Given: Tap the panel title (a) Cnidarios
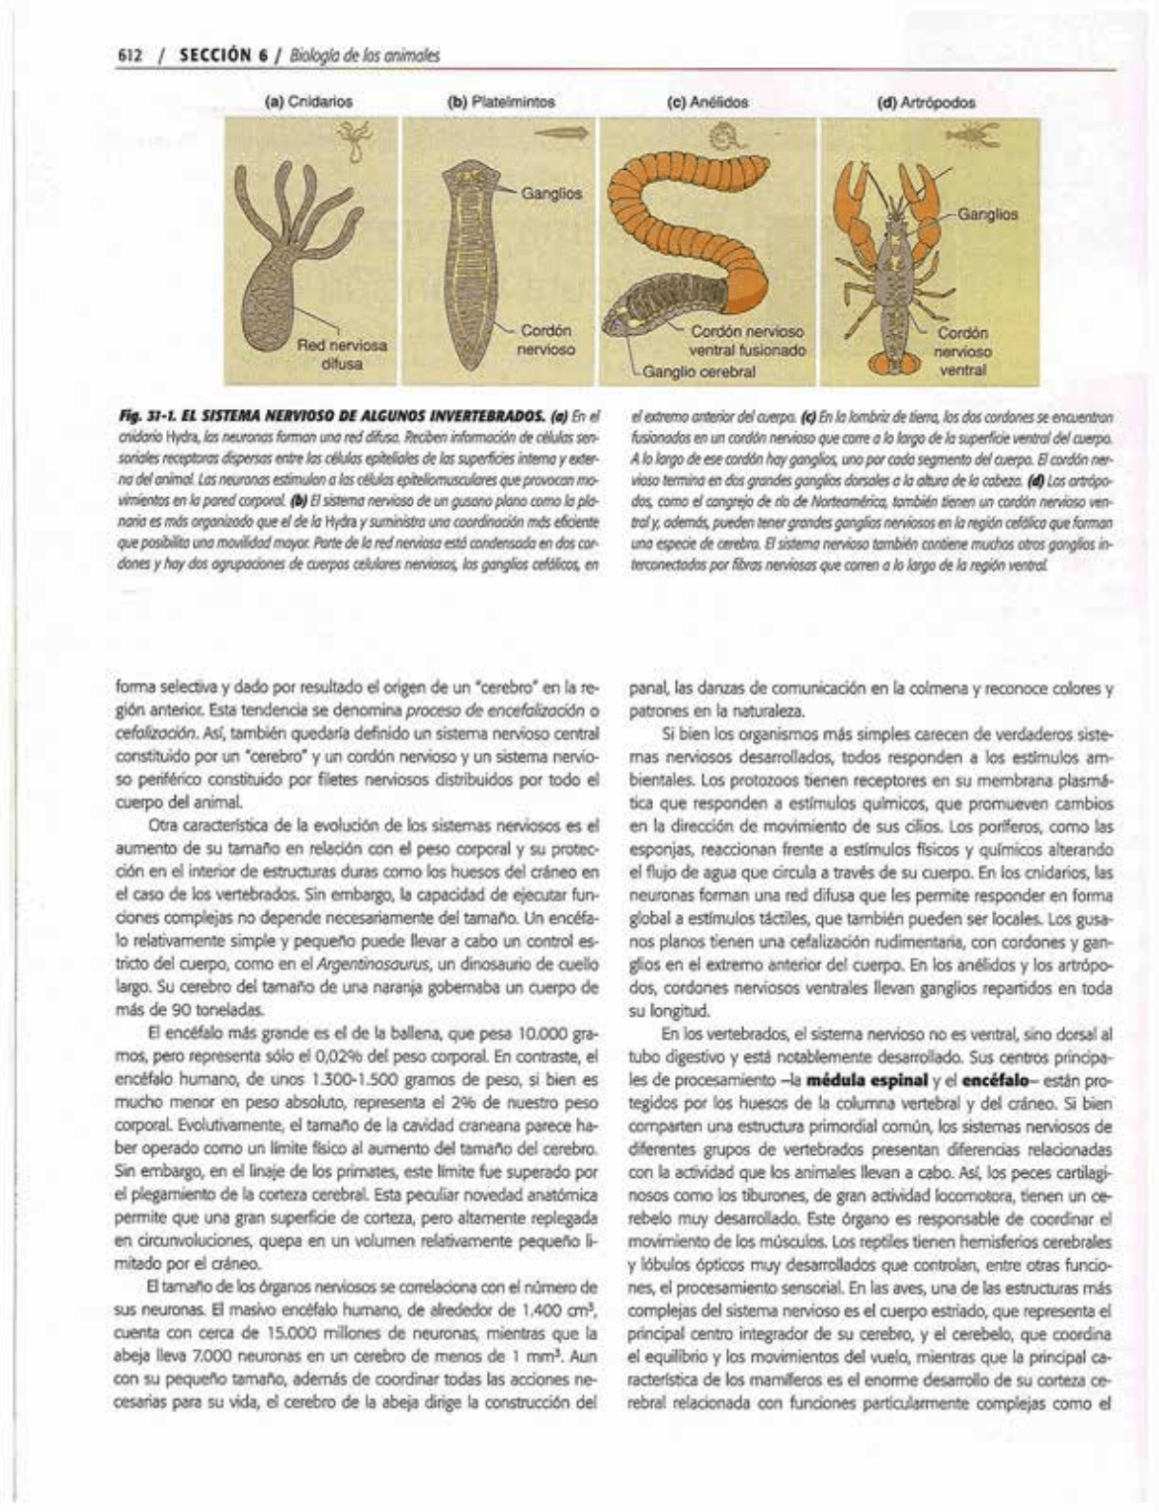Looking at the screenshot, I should point(310,101).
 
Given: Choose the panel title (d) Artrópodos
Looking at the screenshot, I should point(927,102).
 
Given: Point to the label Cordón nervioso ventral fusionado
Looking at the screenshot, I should point(748,341).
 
